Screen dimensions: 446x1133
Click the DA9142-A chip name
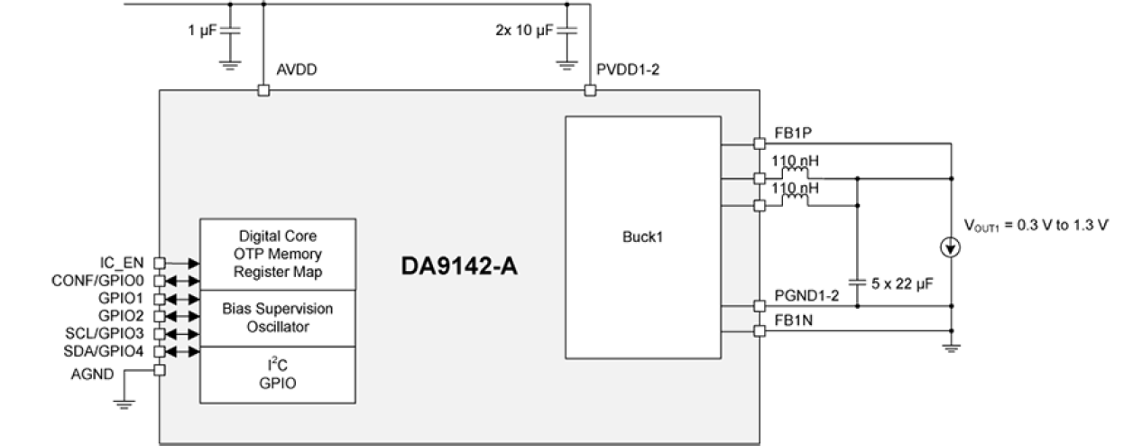point(459,267)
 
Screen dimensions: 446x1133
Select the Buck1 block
point(642,237)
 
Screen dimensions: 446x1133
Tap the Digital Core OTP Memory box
point(278,254)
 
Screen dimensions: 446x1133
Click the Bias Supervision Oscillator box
point(278,318)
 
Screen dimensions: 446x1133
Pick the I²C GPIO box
point(278,374)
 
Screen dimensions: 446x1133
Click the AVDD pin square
point(263,90)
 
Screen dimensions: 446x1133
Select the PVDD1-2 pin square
point(590,90)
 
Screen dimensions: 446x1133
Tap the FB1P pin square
point(759,143)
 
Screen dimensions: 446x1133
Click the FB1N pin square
point(759,330)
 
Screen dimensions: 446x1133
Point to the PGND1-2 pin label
point(806,296)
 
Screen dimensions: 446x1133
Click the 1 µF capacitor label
point(203,31)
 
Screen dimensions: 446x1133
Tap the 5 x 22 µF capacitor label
point(902,283)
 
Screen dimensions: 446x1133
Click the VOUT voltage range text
point(1035,226)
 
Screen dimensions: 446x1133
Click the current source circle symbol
point(950,246)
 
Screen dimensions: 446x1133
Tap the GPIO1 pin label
point(120,298)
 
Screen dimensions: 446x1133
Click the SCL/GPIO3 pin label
point(104,333)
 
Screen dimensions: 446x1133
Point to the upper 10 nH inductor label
point(795,161)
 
